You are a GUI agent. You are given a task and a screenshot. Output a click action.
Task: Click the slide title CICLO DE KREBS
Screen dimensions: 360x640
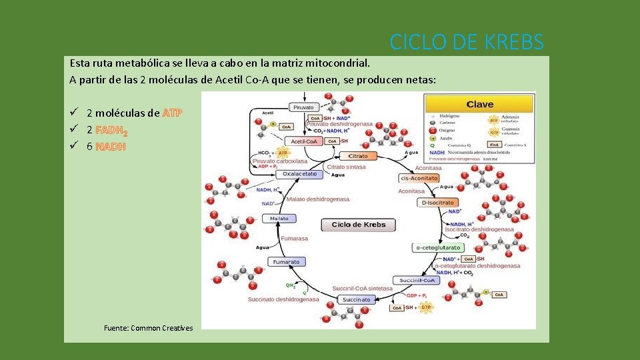coord(467,42)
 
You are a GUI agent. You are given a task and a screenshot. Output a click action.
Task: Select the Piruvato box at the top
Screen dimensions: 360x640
coord(303,107)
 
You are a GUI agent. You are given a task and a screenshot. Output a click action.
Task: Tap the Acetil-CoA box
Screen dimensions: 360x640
coord(303,141)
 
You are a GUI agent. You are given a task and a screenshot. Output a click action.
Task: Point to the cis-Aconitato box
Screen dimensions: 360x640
coord(419,178)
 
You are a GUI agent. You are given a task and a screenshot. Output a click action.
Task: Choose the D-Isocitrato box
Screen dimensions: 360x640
coord(438,203)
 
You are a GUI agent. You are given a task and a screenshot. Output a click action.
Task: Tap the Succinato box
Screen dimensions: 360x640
coord(357,300)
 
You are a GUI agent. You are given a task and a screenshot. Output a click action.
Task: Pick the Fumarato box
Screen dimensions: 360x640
coord(286,262)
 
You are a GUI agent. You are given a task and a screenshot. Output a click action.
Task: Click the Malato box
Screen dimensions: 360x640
coord(279,218)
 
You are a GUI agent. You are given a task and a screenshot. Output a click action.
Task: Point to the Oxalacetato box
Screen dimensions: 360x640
coord(299,174)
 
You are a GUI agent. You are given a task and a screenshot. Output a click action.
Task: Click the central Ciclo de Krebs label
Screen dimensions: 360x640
coord(358,225)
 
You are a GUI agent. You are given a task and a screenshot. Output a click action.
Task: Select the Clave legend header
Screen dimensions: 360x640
coord(479,104)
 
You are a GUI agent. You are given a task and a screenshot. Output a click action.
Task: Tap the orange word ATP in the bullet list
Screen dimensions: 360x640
coord(172,113)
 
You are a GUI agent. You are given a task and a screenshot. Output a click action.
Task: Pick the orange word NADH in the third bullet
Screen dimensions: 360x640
coord(110,147)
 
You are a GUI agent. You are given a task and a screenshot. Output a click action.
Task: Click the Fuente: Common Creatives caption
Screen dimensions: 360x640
coord(149,328)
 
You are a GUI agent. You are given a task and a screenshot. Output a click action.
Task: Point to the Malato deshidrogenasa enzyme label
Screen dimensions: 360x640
coord(318,199)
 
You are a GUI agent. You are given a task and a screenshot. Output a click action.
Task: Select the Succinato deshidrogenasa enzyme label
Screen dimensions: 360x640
coord(283,299)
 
